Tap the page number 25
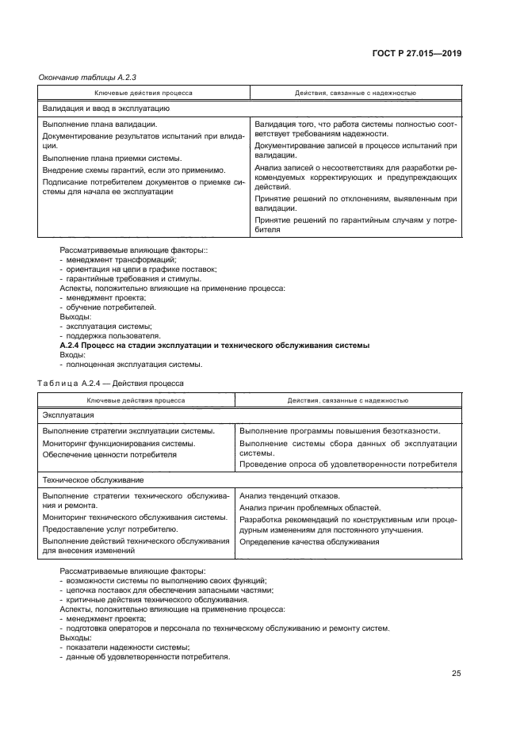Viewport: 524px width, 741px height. tap(456, 674)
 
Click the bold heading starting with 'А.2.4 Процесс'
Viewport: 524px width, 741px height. tap(215, 346)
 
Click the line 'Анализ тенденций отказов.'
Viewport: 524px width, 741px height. tap(289, 495)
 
